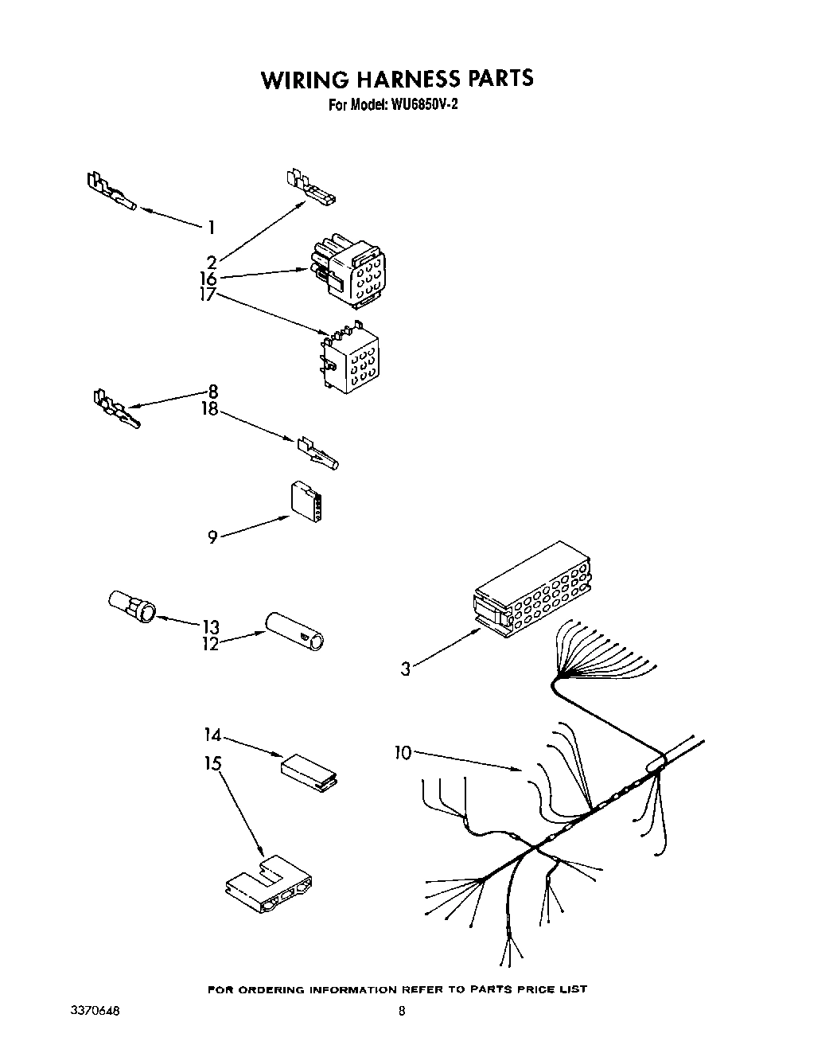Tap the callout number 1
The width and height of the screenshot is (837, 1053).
click(211, 228)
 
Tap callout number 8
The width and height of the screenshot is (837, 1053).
click(212, 392)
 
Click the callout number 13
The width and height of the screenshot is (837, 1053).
click(210, 627)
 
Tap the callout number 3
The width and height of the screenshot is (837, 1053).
click(406, 669)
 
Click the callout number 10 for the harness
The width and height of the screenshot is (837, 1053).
click(403, 752)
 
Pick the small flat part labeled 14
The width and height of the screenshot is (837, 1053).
click(308, 770)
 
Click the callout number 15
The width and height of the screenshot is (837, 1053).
click(212, 763)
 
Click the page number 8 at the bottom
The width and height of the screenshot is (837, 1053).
click(402, 1011)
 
